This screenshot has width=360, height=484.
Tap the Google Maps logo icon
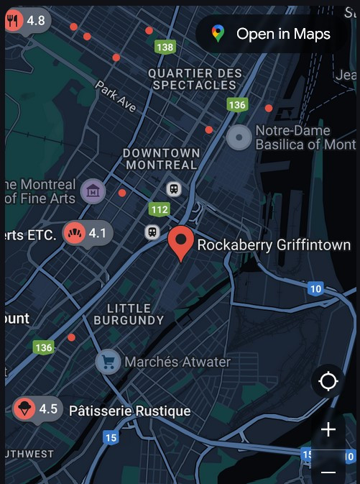pyautogui.click(x=218, y=34)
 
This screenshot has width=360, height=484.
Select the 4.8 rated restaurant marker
pyautogui.click(x=26, y=21)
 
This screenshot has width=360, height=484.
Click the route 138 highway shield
pyautogui.click(x=165, y=47)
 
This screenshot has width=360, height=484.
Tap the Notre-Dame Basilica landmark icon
pyautogui.click(x=239, y=137)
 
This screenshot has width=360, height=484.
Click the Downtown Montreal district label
pyautogui.click(x=161, y=159)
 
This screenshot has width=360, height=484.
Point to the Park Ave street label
pyautogui.click(x=116, y=96)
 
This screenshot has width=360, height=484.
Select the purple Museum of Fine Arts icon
pyautogui.click(x=93, y=191)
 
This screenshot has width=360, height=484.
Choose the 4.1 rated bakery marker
pyautogui.click(x=87, y=233)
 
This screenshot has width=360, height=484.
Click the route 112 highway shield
pyautogui.click(x=160, y=209)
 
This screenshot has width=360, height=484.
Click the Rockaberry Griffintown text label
pyautogui.click(x=274, y=245)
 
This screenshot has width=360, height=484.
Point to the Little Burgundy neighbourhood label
pyautogui.click(x=129, y=314)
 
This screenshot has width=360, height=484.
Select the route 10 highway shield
pyautogui.click(x=315, y=289)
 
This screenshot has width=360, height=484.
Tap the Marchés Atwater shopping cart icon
pyautogui.click(x=109, y=362)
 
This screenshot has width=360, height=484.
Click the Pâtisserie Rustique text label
pyautogui.click(x=130, y=411)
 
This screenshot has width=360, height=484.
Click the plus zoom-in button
pyautogui.click(x=328, y=430)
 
